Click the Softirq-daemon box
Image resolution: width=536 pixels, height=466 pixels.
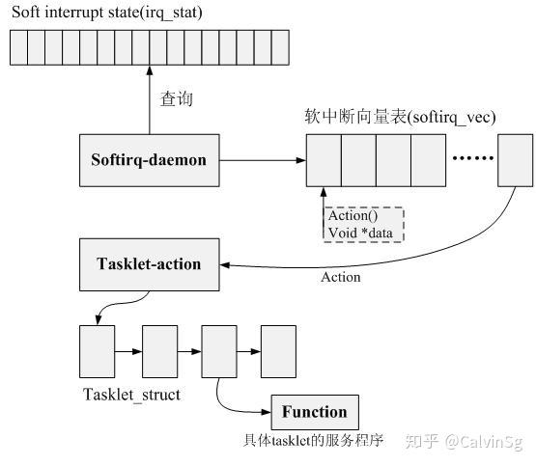(149, 160)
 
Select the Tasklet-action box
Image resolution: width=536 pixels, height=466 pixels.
(149, 264)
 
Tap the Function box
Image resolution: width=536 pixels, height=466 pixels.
(314, 412)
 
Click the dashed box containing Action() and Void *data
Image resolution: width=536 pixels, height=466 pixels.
(362, 224)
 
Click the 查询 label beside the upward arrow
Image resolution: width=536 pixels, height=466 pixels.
(176, 98)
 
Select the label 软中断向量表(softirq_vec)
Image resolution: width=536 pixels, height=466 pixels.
(399, 117)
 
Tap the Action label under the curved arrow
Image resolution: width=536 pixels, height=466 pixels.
(340, 278)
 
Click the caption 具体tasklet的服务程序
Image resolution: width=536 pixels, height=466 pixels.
(314, 442)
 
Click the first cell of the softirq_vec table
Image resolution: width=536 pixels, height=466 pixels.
(324, 160)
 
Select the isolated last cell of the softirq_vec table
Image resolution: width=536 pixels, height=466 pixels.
(514, 160)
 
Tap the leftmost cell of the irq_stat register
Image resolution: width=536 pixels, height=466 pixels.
(19, 46)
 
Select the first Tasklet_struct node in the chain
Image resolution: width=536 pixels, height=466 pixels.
(95, 351)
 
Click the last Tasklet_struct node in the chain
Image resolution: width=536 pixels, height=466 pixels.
(278, 351)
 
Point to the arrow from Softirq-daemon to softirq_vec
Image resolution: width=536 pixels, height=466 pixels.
(262, 160)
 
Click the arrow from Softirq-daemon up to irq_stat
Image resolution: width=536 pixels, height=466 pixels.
(149, 101)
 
